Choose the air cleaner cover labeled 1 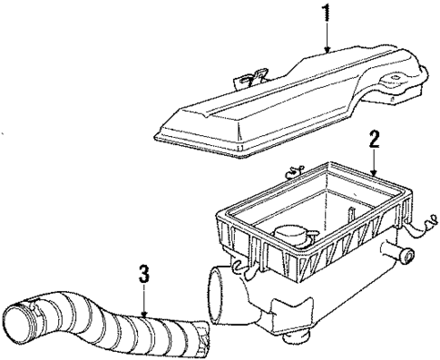coord(281,100)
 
